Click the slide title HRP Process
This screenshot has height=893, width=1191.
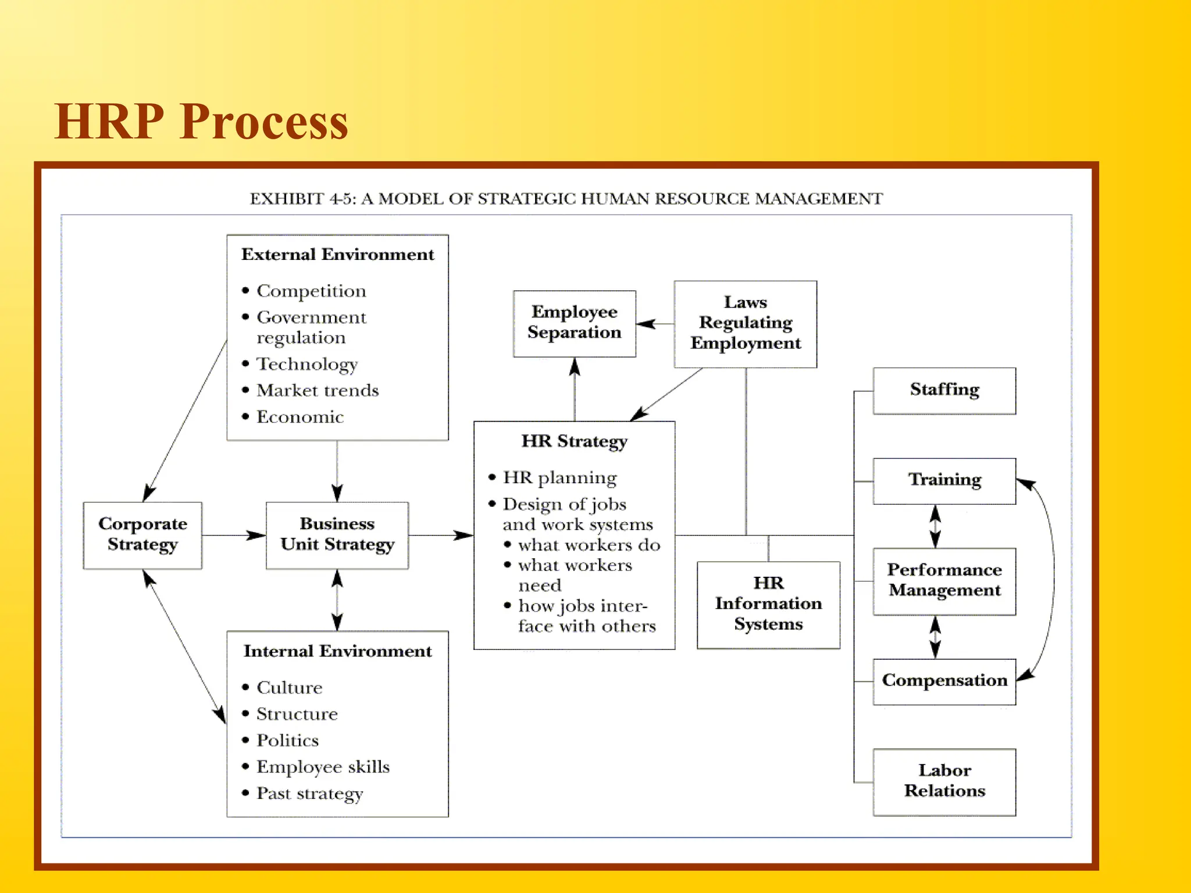pos(201,122)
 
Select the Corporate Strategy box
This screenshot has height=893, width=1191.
pos(142,535)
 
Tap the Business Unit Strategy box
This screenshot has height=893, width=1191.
pos(337,535)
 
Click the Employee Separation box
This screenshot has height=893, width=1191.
pos(574,323)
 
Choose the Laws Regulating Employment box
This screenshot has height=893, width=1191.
pos(745,324)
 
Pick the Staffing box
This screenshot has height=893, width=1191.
pos(944,390)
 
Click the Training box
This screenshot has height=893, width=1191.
pos(944,481)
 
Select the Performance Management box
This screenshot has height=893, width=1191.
pos(944,581)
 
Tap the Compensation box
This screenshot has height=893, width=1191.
pos(944,681)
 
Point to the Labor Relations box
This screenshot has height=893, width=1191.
pos(944,781)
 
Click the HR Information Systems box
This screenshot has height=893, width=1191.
pos(768,604)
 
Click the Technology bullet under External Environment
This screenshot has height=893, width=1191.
pos(307,365)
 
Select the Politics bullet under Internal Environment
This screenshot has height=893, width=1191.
pos(288,741)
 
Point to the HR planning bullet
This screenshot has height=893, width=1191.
pos(559,478)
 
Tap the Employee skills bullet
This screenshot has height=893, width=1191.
pos(323,767)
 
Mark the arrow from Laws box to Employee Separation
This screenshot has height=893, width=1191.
pos(655,324)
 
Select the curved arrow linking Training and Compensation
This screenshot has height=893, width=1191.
pos(1052,578)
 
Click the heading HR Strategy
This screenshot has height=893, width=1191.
pos(574,441)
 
